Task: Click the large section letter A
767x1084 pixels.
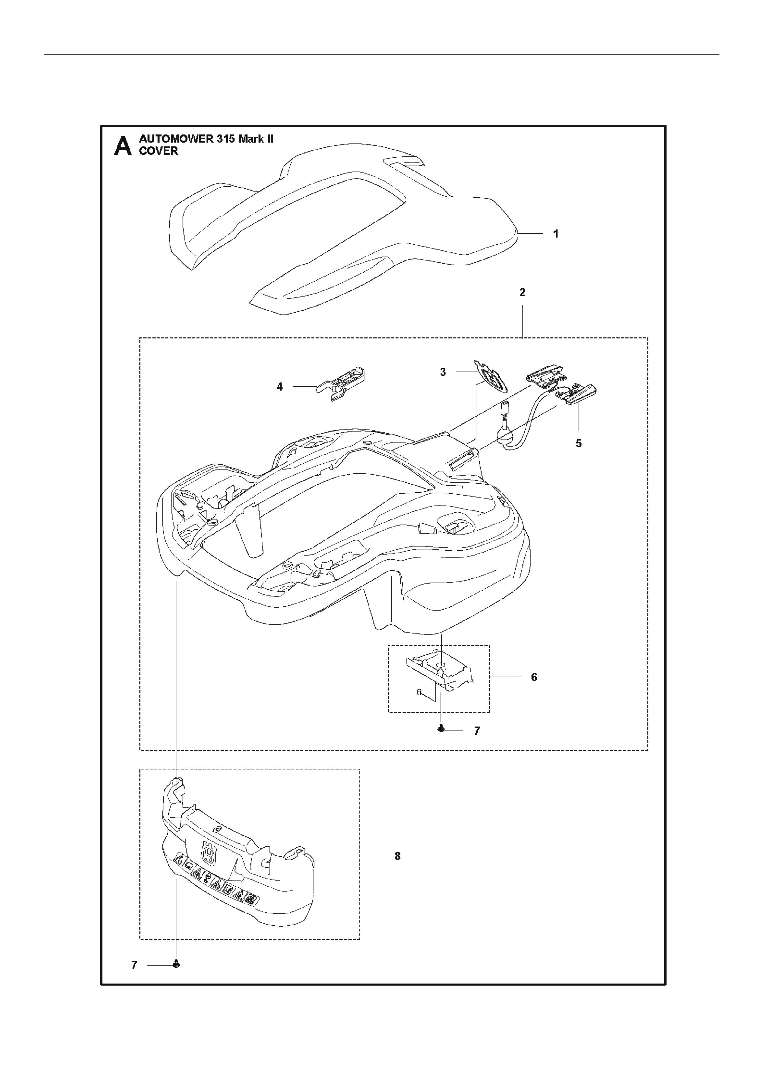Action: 123,146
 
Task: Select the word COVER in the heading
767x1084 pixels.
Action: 159,151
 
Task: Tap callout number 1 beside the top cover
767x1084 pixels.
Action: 556,234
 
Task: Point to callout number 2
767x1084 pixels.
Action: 522,292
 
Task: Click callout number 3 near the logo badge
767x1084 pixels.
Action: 443,372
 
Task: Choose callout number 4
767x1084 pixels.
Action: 279,387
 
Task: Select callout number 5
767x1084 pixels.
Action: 578,443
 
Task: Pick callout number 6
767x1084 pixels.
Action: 534,677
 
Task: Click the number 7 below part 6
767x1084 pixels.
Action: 477,731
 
